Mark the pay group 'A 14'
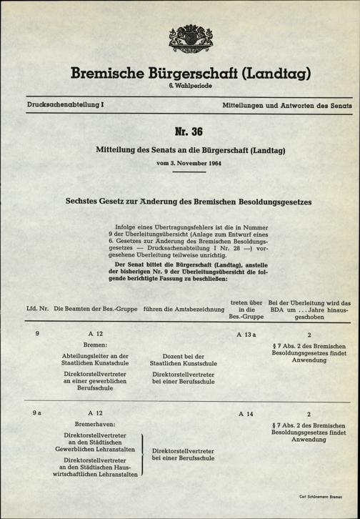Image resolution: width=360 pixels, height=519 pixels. point(246,414)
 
